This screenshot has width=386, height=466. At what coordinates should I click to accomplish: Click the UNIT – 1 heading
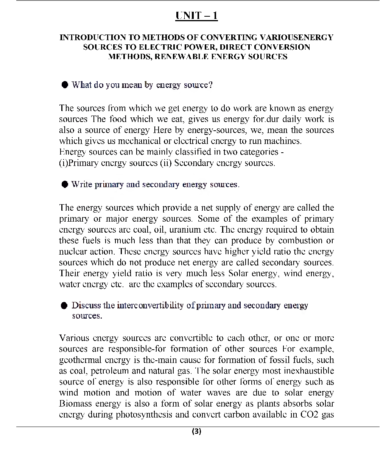(196, 16)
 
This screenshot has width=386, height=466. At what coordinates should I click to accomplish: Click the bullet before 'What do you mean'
(65, 84)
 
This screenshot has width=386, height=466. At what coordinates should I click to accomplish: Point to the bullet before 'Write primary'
(65, 184)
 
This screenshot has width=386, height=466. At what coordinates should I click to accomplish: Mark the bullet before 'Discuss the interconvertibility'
(65, 305)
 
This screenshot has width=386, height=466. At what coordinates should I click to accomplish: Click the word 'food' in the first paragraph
(118, 119)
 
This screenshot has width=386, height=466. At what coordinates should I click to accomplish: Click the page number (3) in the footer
(196, 432)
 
